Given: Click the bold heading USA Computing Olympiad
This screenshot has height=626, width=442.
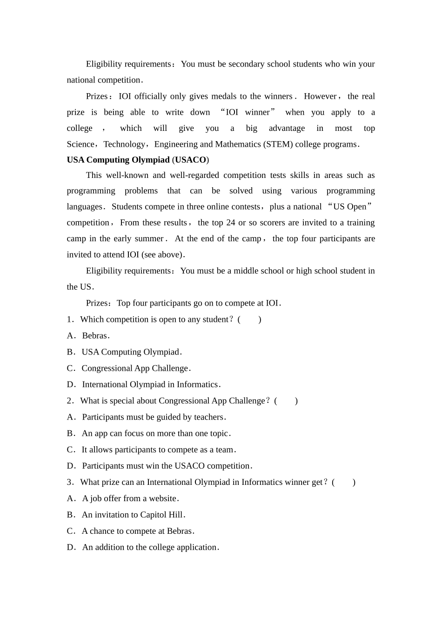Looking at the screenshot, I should pyautogui.click(x=118, y=160).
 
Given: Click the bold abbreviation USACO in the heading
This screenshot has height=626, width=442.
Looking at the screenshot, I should pyautogui.click(x=190, y=160).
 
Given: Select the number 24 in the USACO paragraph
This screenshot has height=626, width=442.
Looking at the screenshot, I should pyautogui.click(x=230, y=223).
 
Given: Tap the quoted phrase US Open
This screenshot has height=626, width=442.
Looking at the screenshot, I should pyautogui.click(x=350, y=206).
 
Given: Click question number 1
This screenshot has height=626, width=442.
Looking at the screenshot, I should pyautogui.click(x=70, y=320).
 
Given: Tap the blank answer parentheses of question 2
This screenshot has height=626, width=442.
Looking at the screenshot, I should pyautogui.click(x=286, y=401).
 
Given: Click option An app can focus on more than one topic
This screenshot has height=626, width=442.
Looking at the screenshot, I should pyautogui.click(x=156, y=434).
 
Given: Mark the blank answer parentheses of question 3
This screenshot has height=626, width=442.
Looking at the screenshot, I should pyautogui.click(x=344, y=483).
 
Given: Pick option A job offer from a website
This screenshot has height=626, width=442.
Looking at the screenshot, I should pyautogui.click(x=130, y=499).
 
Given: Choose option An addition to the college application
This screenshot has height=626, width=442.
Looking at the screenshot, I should pyautogui.click(x=150, y=548).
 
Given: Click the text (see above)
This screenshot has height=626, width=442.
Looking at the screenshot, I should pyautogui.click(x=163, y=255).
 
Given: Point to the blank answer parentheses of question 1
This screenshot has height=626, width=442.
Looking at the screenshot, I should pyautogui.click(x=249, y=320).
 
